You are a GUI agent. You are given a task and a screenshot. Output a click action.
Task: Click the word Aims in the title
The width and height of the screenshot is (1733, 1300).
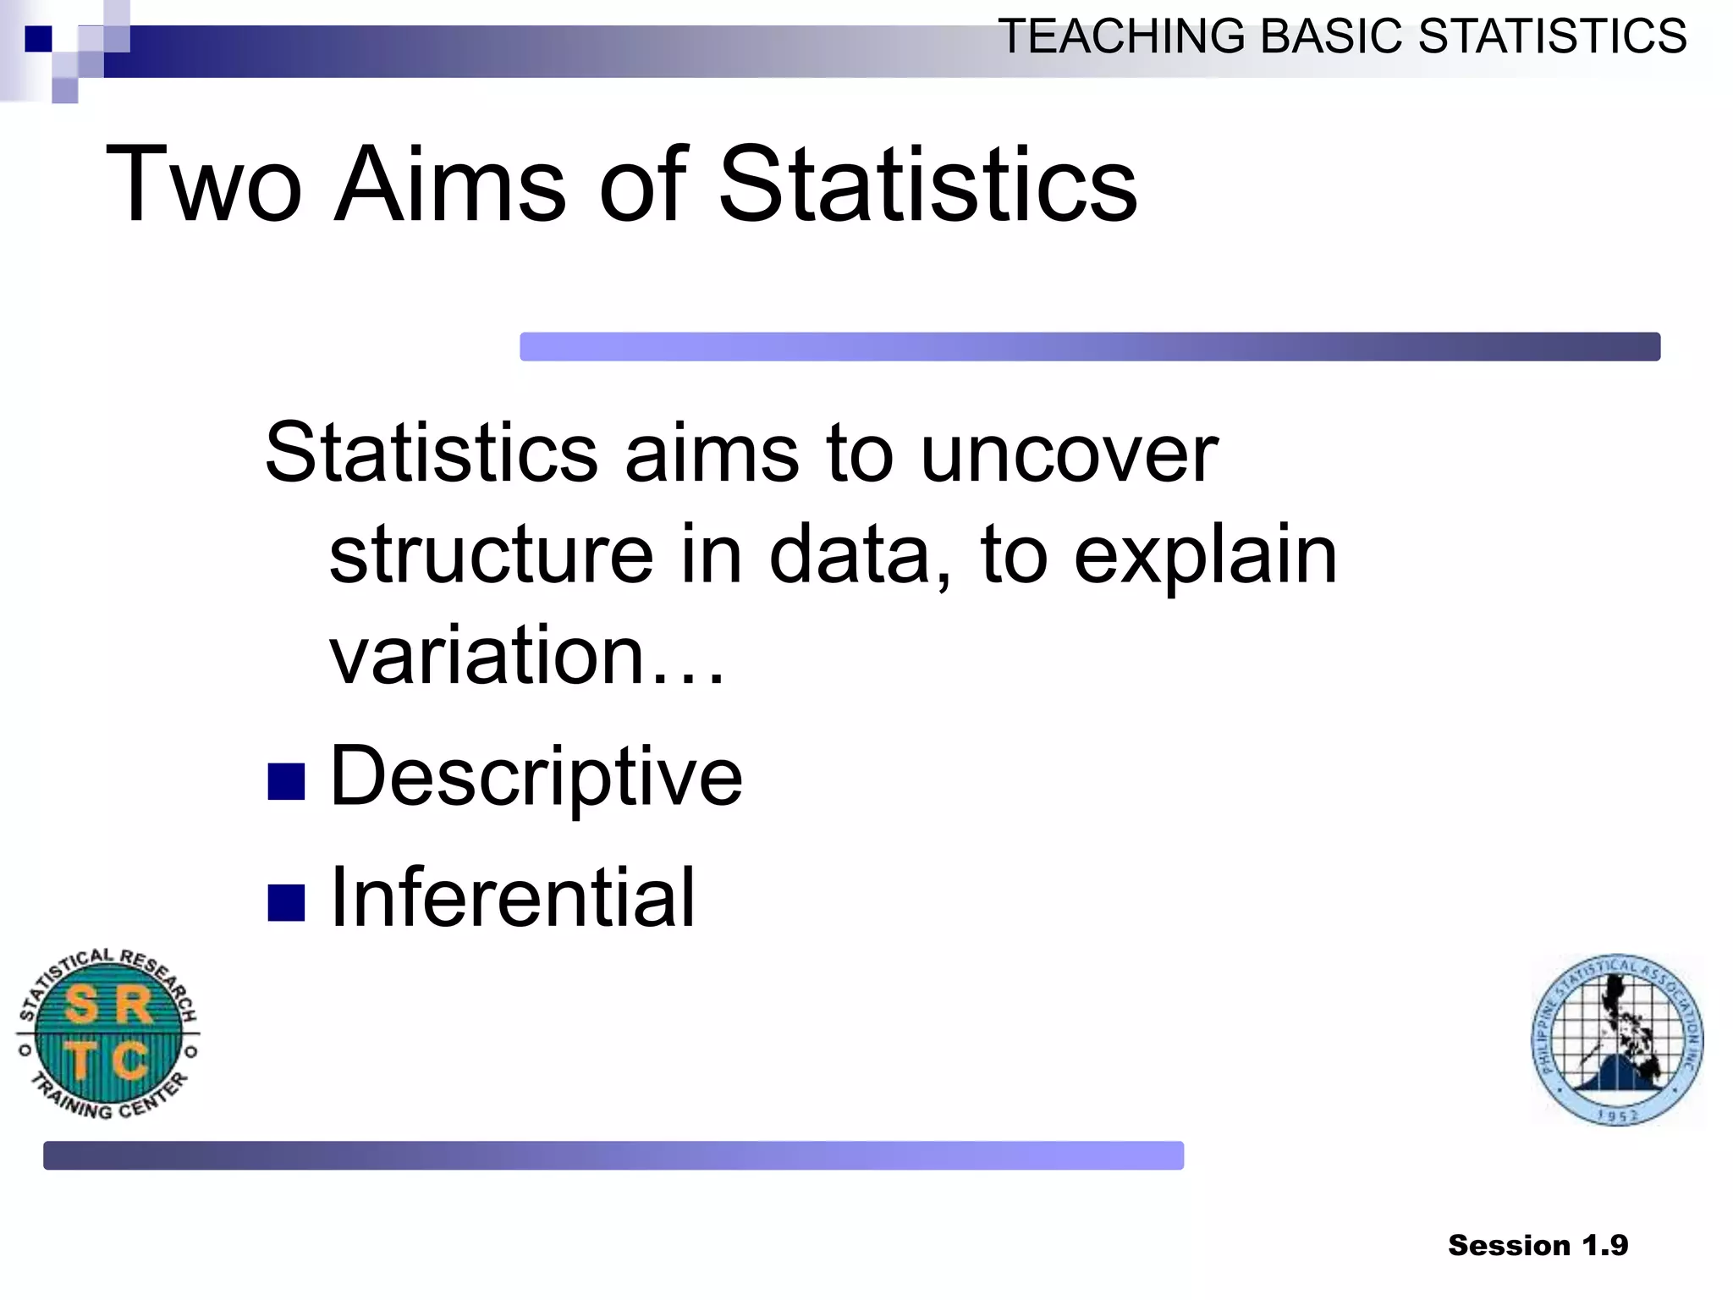coord(449,185)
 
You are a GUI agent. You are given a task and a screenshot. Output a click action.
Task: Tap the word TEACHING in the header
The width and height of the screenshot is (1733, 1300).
coord(1121,36)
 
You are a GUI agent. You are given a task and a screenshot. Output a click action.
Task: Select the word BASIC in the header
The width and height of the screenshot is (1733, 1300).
coord(1331,36)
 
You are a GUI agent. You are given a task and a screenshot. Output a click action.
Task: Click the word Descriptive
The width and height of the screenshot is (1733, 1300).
coord(536,776)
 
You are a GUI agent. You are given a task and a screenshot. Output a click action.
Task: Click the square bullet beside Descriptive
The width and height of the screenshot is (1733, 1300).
coord(286,781)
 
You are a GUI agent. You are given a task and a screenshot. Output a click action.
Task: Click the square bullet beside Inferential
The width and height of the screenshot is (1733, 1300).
coord(286,902)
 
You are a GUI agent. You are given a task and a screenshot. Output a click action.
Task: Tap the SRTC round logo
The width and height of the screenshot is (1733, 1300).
coord(107,1033)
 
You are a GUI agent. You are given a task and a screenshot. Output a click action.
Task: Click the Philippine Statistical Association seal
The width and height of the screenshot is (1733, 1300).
coord(1617,1040)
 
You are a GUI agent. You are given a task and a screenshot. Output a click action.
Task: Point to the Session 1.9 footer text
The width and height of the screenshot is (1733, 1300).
coord(1538,1245)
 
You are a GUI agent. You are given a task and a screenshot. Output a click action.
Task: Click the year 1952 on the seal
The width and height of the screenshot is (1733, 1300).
coord(1617,1115)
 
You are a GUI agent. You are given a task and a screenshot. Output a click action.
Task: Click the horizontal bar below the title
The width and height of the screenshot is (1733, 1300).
coord(1089,346)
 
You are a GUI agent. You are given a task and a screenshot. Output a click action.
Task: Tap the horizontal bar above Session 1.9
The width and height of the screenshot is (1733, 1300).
coord(613,1155)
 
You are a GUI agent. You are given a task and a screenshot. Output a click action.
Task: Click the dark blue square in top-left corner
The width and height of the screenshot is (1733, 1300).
coord(38,39)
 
